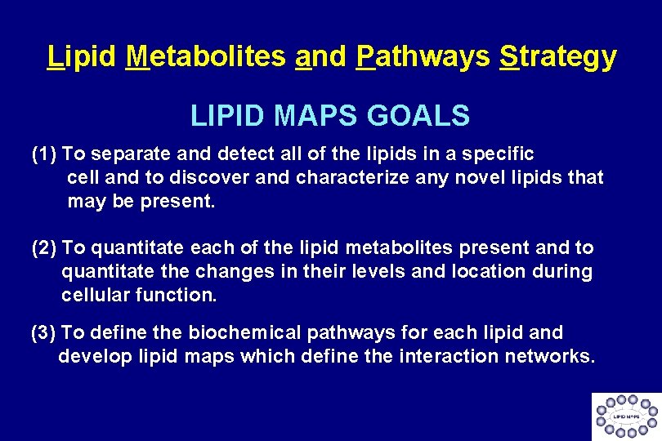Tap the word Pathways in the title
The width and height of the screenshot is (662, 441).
(x=423, y=56)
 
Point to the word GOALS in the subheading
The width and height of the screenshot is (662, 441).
(x=418, y=115)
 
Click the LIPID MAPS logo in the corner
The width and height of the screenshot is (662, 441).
(x=626, y=416)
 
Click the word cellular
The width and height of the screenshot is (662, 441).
(x=90, y=294)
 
